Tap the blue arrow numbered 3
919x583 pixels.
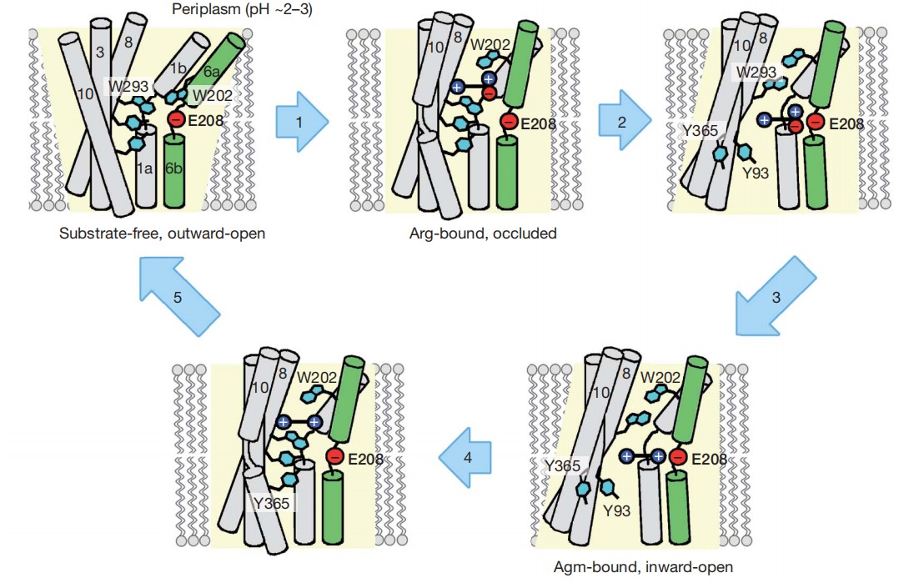tap(772, 295)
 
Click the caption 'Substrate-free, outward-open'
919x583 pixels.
tap(162, 233)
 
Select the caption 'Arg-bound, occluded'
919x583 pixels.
tap(484, 234)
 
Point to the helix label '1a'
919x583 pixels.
tap(145, 168)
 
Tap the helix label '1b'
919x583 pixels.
tap(178, 68)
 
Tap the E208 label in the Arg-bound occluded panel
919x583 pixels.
tap(536, 124)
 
